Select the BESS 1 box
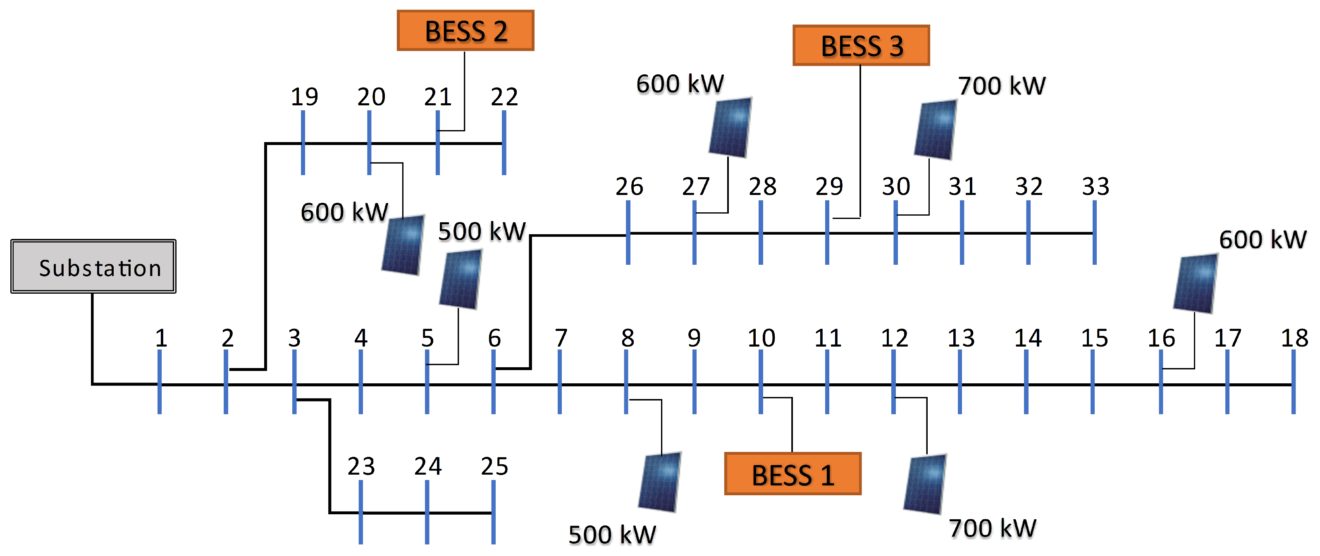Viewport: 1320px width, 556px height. pyautogui.click(x=792, y=474)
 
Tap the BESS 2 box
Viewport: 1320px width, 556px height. pyautogui.click(x=465, y=31)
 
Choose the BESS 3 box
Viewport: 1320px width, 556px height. pyautogui.click(x=861, y=45)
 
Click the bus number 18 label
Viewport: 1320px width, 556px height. pyautogui.click(x=1294, y=338)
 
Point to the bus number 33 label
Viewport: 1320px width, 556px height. pyautogui.click(x=1096, y=186)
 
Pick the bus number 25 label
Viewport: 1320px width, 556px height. pyautogui.click(x=494, y=466)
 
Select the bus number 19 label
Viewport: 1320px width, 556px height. pyautogui.click(x=304, y=97)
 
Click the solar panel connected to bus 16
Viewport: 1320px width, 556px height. pyautogui.click(x=1196, y=283)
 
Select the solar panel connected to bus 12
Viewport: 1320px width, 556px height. pyautogui.click(x=925, y=484)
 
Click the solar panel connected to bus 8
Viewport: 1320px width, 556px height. pyautogui.click(x=660, y=482)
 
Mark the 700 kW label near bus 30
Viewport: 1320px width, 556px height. pyautogui.click(x=1002, y=86)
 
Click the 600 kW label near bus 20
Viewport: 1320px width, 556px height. pyautogui.click(x=344, y=212)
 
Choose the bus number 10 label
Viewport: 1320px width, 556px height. pyautogui.click(x=761, y=338)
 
